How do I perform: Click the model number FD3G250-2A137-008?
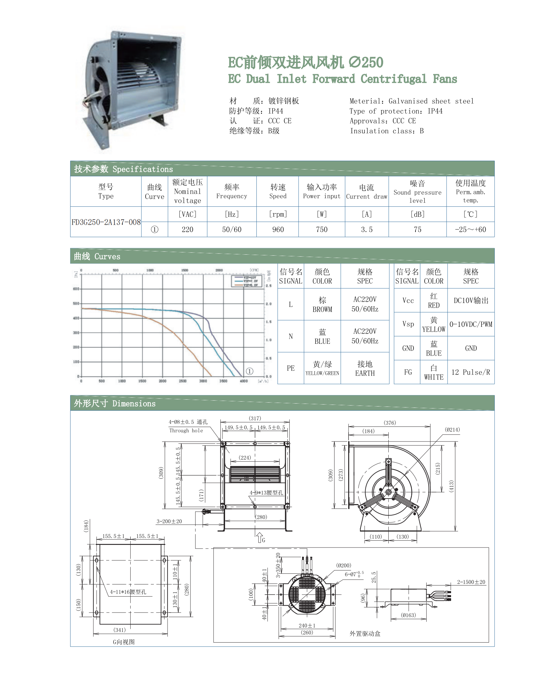tap(106, 222)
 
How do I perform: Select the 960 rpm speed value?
tap(278, 230)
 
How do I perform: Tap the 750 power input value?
tap(321, 230)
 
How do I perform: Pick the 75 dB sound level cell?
tap(417, 230)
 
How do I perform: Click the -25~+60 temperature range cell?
tap(470, 230)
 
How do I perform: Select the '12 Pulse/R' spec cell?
tap(470, 372)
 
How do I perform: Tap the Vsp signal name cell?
tap(408, 324)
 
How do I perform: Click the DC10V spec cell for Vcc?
tap(470, 301)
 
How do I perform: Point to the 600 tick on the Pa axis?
tap(76, 289)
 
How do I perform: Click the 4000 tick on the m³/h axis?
tap(244, 381)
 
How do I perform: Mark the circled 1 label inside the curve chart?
tap(249, 371)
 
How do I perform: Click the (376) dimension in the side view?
tap(390, 423)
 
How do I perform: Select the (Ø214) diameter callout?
tap(452, 430)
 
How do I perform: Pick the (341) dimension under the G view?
tap(120, 630)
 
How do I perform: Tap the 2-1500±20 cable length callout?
tap(471, 582)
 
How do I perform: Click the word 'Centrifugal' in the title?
tap(393, 79)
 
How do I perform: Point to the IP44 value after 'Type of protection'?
tap(435, 111)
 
